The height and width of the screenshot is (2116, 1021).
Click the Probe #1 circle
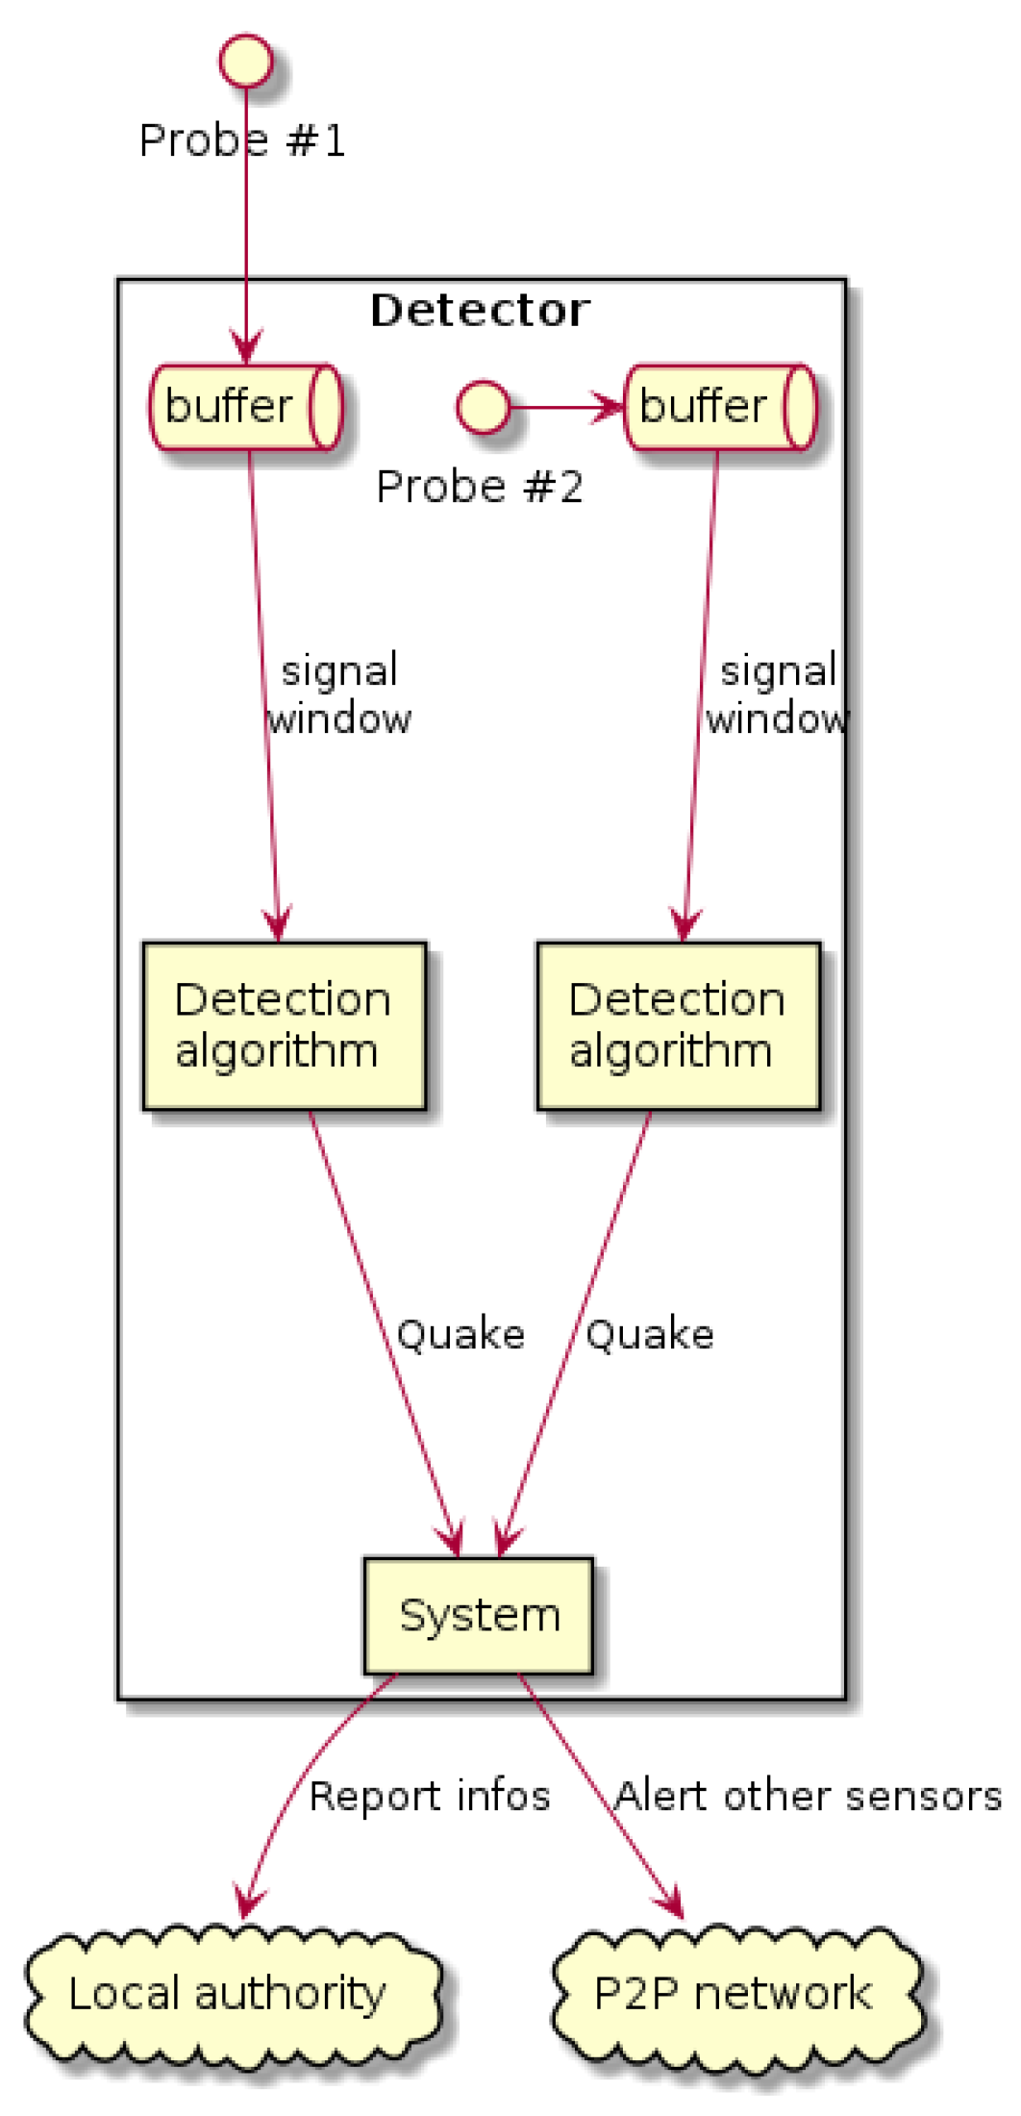coord(246,63)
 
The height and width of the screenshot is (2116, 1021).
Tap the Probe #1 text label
coord(242,141)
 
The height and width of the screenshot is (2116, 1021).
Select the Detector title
coord(480,311)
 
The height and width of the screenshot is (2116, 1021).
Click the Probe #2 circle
coord(483,407)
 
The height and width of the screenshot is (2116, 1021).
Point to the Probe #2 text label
coord(480,487)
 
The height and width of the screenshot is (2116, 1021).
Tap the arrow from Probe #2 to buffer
coord(567,407)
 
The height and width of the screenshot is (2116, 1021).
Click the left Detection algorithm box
coord(285,1025)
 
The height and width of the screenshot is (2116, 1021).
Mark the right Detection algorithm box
coord(679,1025)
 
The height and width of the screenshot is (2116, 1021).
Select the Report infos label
coord(430,1796)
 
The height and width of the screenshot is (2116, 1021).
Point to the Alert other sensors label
coord(808,1796)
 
